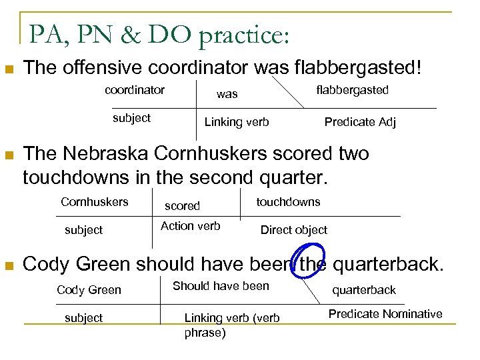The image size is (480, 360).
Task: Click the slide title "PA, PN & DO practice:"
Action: tap(159, 34)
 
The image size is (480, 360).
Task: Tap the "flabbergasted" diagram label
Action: tap(352, 90)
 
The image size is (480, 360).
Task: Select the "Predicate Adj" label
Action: tap(360, 122)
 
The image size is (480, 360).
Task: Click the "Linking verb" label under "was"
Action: tap(237, 122)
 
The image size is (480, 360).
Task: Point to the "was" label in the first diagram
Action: tap(227, 95)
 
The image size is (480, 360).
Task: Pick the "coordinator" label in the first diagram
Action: tap(135, 89)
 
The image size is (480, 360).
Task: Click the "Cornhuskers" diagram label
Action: tap(95, 201)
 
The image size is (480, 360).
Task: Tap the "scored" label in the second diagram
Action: tap(182, 206)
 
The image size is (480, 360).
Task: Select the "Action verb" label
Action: tap(191, 226)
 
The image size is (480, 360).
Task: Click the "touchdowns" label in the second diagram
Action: tap(288, 201)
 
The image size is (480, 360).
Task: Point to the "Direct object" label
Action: tap(293, 230)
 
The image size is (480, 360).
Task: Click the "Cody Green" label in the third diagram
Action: tap(89, 289)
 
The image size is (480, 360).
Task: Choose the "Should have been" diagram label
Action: tap(221, 286)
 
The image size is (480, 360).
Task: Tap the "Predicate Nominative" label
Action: tap(385, 313)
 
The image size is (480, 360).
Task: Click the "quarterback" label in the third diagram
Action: tap(364, 289)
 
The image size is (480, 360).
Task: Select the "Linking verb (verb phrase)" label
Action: tap(231, 325)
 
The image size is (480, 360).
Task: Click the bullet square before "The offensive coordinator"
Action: tap(9, 69)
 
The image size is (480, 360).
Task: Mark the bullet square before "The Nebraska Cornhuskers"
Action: tap(9, 155)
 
